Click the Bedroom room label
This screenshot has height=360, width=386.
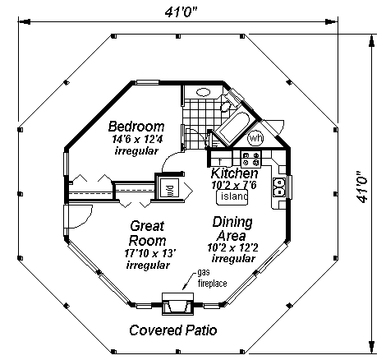click(x=136, y=127)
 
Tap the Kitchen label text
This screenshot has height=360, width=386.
click(x=234, y=173)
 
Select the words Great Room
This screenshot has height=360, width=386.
click(x=147, y=233)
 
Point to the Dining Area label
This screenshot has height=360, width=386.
click(x=232, y=228)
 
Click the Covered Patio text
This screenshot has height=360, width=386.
click(x=173, y=330)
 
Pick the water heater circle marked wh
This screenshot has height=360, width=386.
click(x=255, y=138)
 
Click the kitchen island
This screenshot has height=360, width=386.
click(x=232, y=196)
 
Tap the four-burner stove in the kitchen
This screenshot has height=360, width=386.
click(x=250, y=159)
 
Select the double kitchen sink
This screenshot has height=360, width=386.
click(x=279, y=187)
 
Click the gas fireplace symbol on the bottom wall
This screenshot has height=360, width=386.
click(x=177, y=303)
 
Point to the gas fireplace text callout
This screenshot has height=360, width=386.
click(x=212, y=278)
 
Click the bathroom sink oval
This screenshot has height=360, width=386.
click(x=204, y=92)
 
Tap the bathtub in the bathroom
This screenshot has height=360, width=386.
click(x=232, y=127)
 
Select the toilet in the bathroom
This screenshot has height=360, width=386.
click(x=227, y=104)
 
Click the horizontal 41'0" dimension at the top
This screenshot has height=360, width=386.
click(x=181, y=12)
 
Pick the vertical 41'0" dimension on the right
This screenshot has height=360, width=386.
click(x=362, y=187)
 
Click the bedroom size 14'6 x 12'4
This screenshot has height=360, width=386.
click(x=137, y=139)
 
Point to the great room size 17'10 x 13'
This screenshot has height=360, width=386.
click(x=149, y=253)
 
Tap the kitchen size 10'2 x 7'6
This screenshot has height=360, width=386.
click(x=234, y=185)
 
